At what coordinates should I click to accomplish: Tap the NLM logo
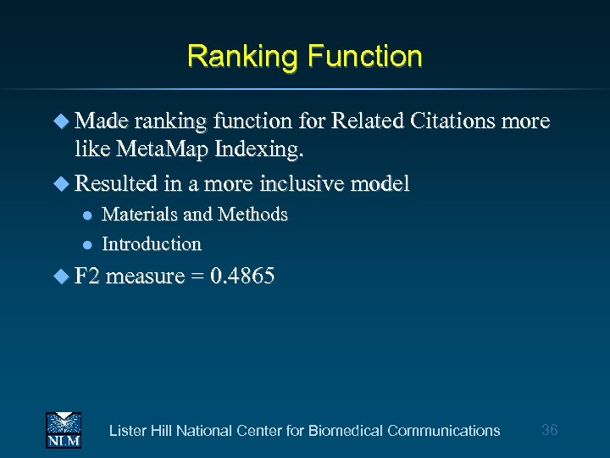(63, 429)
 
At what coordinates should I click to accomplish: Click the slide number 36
(549, 430)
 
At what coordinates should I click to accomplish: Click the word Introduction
(152, 244)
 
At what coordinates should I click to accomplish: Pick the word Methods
(252, 215)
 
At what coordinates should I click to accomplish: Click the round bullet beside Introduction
(86, 244)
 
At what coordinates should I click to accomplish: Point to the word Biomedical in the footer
(346, 431)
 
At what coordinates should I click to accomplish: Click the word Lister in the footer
(128, 431)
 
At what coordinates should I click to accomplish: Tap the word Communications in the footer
(443, 431)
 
